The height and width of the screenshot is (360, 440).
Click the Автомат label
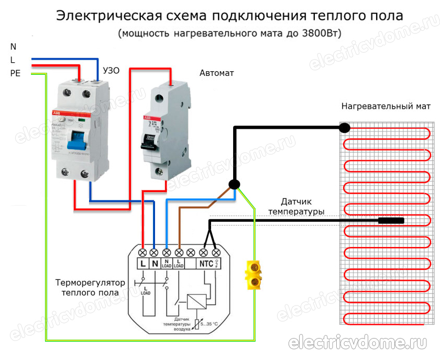click(216, 73)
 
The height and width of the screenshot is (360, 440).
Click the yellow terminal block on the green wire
click(254, 275)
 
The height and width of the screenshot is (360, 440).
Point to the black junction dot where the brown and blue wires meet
click(234, 184)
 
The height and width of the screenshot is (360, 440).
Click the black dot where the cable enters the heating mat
click(344, 127)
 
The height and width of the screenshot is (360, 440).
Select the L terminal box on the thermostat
click(142, 263)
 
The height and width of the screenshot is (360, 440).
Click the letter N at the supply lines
click(13, 47)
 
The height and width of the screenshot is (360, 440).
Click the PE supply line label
click(15, 74)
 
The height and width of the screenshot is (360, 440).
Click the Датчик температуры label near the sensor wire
click(296, 206)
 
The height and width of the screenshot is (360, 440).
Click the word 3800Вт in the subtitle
click(321, 33)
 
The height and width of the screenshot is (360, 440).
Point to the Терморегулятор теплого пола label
click(91, 287)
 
